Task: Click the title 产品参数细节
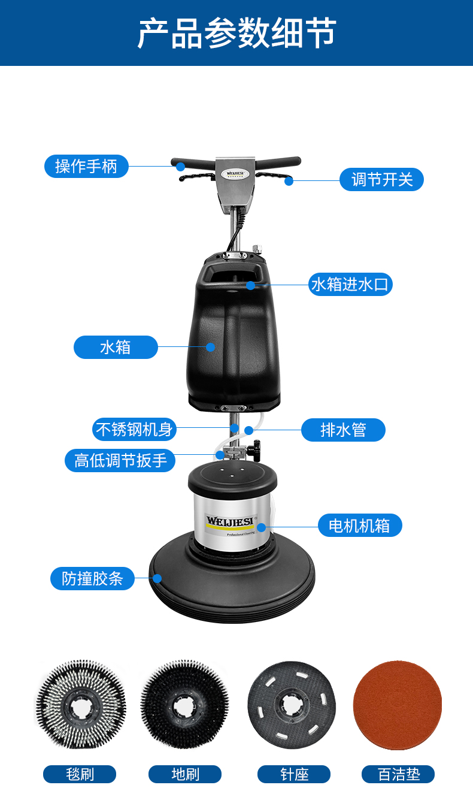pyautogui.click(x=236, y=33)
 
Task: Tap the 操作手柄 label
pyautogui.click(x=86, y=166)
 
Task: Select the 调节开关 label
pyautogui.click(x=381, y=180)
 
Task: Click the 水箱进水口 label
pyautogui.click(x=350, y=284)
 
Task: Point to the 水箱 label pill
pyautogui.click(x=116, y=347)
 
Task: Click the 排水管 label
pyautogui.click(x=343, y=430)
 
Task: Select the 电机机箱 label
pyautogui.click(x=359, y=526)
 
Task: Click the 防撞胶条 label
pyautogui.click(x=92, y=578)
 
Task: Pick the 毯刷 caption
pyautogui.click(x=80, y=774)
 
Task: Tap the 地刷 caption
pyautogui.click(x=185, y=774)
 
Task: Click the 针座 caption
pyautogui.click(x=294, y=774)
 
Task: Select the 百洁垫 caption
pyautogui.click(x=398, y=774)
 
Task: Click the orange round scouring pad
pyautogui.click(x=398, y=705)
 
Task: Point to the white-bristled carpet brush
pyautogui.click(x=81, y=705)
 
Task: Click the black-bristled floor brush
pyautogui.click(x=184, y=705)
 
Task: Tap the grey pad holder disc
pyautogui.click(x=291, y=705)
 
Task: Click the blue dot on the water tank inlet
pyautogui.click(x=250, y=285)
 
